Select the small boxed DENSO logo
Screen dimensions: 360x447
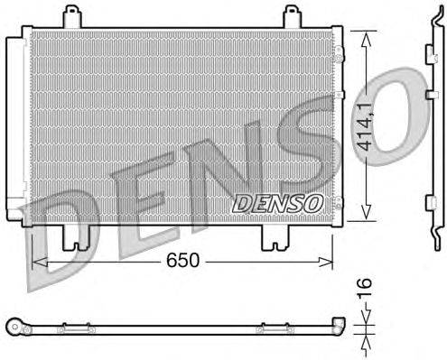[277, 202]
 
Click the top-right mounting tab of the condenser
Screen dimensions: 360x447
[290, 15]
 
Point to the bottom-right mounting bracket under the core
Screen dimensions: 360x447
[274, 237]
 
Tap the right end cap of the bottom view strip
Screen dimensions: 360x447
[339, 326]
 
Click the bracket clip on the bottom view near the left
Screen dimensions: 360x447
[65, 328]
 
